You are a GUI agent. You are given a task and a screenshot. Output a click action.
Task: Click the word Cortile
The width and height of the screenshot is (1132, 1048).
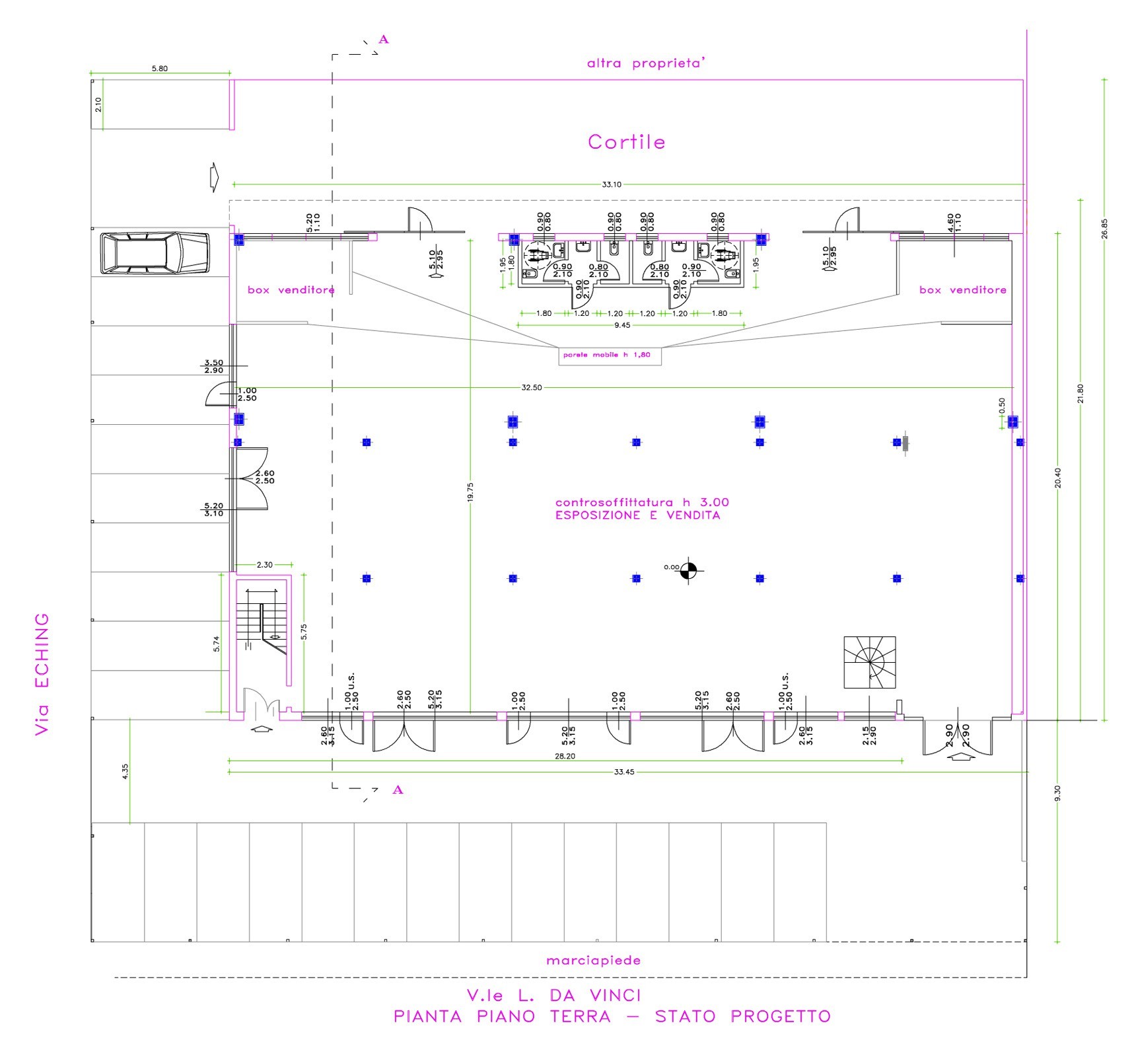[626, 142]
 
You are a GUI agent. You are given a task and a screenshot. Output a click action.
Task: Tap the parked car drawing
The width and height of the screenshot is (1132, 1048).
[154, 252]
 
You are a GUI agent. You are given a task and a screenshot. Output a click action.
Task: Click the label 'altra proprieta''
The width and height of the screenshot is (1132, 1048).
[647, 63]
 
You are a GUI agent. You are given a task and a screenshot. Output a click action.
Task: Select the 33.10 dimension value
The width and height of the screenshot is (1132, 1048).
[612, 184]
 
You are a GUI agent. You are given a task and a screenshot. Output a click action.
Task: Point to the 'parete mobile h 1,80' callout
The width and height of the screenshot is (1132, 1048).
[606, 355]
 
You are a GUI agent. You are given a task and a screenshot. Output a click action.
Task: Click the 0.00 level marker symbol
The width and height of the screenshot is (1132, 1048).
[688, 568]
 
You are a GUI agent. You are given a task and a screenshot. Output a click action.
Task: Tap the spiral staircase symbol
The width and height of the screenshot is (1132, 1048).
[869, 662]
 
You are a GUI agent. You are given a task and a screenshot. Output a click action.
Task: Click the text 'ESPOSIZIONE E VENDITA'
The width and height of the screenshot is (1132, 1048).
[637, 515]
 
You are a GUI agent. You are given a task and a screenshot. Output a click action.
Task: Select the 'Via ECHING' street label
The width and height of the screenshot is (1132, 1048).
[42, 674]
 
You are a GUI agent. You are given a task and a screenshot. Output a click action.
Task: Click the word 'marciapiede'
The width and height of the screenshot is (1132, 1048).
[593, 960]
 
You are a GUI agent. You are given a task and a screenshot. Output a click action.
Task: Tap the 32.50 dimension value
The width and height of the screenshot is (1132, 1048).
[531, 387]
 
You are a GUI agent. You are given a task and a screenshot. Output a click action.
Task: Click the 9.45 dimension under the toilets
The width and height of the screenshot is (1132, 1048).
[622, 325]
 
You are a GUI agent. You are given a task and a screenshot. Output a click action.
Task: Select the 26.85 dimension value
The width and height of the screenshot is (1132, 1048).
[1104, 229]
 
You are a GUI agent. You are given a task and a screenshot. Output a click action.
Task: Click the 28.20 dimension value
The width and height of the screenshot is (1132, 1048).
[565, 756]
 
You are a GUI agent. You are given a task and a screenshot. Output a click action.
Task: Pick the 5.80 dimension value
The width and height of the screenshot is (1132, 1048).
[159, 68]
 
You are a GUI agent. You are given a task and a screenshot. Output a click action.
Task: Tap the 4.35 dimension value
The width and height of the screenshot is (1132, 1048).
[125, 771]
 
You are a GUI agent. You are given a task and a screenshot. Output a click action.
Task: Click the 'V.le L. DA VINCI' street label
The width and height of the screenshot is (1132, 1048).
[553, 995]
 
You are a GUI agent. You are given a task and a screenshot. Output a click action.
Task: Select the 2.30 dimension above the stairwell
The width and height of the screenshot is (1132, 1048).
[264, 565]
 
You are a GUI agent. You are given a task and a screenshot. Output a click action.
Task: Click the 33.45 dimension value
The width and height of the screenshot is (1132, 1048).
[623, 772]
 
